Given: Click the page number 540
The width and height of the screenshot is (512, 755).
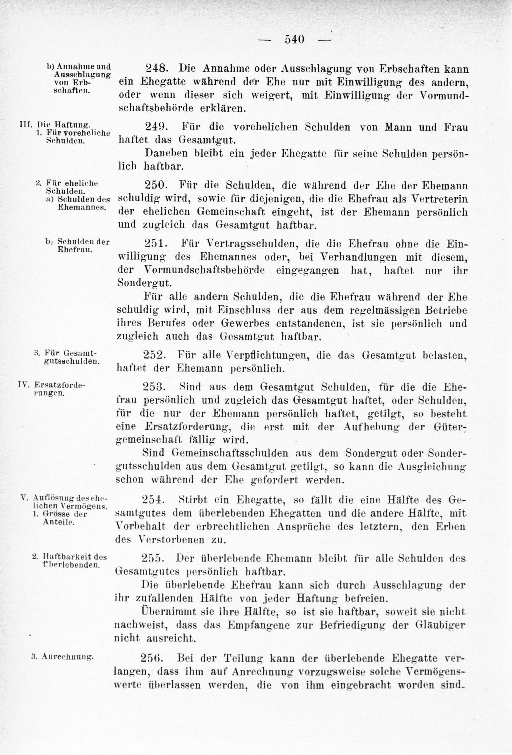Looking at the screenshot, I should click(295, 39).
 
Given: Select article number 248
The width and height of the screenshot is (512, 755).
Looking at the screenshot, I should click(156, 69).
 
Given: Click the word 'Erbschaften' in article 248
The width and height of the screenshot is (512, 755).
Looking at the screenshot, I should click(408, 69).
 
